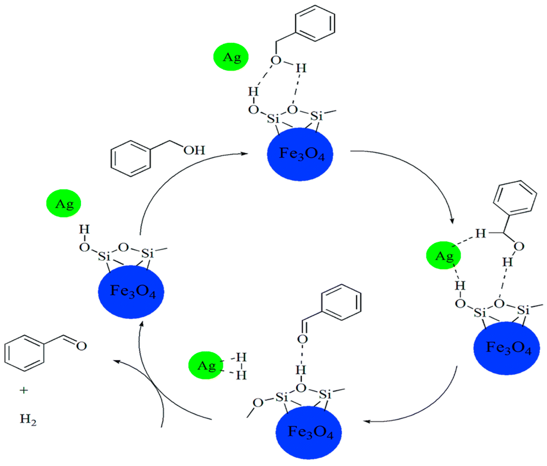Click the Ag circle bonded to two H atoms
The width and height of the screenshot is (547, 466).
[x=206, y=365]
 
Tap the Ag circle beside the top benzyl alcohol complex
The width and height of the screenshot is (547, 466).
[x=231, y=57]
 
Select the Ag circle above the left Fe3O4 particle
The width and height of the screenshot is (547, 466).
[x=64, y=203]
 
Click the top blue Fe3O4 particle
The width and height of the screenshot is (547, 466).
[x=300, y=154]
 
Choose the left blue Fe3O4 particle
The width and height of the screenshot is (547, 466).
[x=131, y=292]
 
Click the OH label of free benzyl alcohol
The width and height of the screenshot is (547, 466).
[x=194, y=150]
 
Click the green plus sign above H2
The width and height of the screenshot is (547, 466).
[x=24, y=390]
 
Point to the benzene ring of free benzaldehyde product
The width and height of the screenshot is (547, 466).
[x=24, y=353]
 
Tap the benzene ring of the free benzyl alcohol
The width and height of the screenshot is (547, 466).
[x=131, y=158]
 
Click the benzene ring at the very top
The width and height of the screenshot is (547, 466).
[x=315, y=23]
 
